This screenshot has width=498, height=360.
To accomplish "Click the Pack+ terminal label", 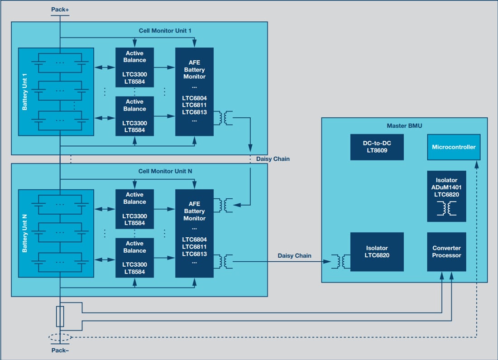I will click(x=60, y=9).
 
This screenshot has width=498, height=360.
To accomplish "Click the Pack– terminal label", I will click(x=60, y=350).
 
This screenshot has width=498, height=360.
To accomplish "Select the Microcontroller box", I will click(x=454, y=147).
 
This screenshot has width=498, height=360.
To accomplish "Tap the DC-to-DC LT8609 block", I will click(x=377, y=147).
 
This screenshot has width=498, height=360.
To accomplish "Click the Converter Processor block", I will click(x=446, y=252).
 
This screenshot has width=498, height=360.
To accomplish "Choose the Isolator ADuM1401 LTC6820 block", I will click(x=446, y=196).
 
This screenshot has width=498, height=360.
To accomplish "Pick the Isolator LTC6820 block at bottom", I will click(x=377, y=252).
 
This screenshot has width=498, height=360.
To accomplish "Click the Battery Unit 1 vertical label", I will click(x=25, y=92).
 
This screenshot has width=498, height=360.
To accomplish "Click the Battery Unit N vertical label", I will click(x=25, y=234).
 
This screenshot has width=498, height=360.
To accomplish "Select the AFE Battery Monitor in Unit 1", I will click(x=194, y=91).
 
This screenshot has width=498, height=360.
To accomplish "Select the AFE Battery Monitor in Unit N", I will click(x=194, y=233).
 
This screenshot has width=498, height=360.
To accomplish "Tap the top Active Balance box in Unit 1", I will click(x=134, y=67).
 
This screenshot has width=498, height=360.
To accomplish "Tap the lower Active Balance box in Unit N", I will click(x=134, y=258).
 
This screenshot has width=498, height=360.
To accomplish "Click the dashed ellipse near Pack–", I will click(x=60, y=337).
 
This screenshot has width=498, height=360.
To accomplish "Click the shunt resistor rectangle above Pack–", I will click(x=60, y=316).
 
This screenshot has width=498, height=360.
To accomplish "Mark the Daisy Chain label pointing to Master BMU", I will click(x=294, y=256).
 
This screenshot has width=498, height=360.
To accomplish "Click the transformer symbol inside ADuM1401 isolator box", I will click(x=446, y=208).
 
